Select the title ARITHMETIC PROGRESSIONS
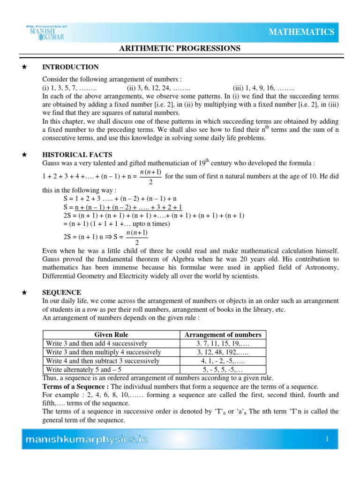coord(180,48)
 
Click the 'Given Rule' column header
coord(112,335)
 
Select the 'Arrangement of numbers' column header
coord(223,335)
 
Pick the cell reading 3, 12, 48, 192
coord(223,352)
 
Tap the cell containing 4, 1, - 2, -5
coord(223,361)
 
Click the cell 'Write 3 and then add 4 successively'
coord(97,344)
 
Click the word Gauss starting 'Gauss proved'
coord(52,259)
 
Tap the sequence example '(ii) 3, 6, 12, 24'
coord(157,88)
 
